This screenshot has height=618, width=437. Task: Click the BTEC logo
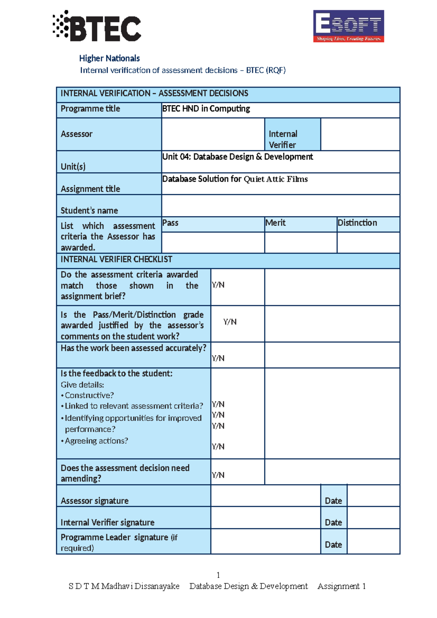pyautogui.click(x=97, y=26)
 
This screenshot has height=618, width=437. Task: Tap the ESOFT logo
pyautogui.click(x=349, y=26)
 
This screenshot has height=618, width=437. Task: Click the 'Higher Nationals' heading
pyautogui.click(x=109, y=58)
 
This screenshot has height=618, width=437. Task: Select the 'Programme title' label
pyautogui.click(x=90, y=109)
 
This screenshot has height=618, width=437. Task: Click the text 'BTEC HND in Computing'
pyautogui.click(x=206, y=109)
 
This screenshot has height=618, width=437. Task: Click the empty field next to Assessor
pyautogui.click(x=213, y=134)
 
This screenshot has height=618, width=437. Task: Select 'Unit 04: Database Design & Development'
pyautogui.click(x=237, y=157)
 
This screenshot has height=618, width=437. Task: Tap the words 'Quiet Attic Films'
pyautogui.click(x=276, y=179)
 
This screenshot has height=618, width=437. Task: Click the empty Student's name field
pyautogui.click(x=280, y=206)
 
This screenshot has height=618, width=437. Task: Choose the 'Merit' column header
pyautogui.click(x=275, y=223)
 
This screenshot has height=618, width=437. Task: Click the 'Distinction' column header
pyautogui.click(x=357, y=223)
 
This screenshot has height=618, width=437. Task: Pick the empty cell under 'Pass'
pyautogui.click(x=213, y=242)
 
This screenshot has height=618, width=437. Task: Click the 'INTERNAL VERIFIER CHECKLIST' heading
pyautogui.click(x=117, y=259)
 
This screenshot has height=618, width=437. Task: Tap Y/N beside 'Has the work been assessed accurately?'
pyautogui.click(x=218, y=358)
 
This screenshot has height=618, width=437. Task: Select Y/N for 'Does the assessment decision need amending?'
pyautogui.click(x=218, y=475)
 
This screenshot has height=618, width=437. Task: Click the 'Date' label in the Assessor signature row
pyautogui.click(x=333, y=501)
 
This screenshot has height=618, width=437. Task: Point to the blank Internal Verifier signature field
pyautogui.click(x=265, y=518)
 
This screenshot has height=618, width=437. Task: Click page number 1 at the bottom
pyautogui.click(x=218, y=575)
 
